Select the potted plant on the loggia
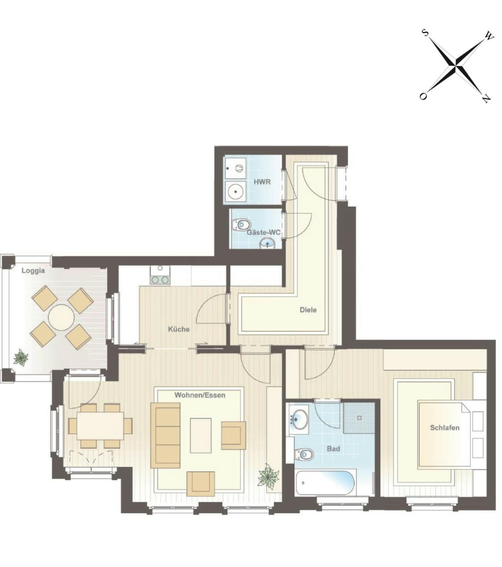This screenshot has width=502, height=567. pos(21,357)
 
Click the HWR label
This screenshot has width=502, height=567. pos(262,182)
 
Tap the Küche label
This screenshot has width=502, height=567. pos(178,329)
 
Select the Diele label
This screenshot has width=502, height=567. pos(308,310)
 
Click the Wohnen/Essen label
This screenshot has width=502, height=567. pos(199,395)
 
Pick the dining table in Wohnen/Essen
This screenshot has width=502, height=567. pos(100,426)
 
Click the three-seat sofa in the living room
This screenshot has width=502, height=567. pos(165,435)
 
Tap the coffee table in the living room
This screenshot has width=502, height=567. pos(201,435)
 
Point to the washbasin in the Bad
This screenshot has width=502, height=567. pos(299,418)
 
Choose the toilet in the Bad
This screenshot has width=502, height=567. pos(305,455)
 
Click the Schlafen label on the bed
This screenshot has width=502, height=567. pos(444,427)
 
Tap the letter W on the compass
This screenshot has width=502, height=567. pos(489,36)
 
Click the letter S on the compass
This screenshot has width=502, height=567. pos(425,33)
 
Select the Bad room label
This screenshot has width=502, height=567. pos(333,449)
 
